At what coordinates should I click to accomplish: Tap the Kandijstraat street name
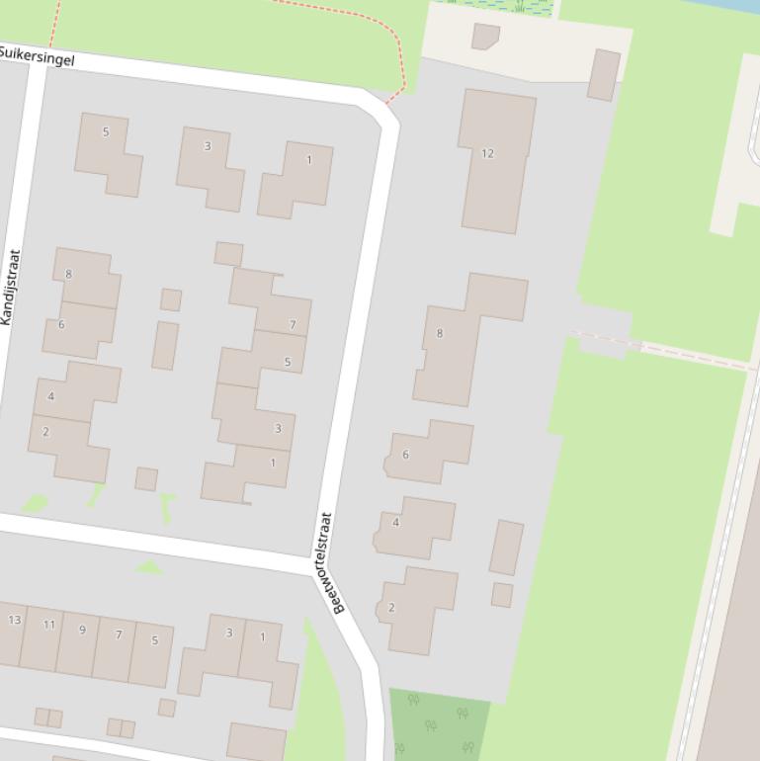click(11, 287)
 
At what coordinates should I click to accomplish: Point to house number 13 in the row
click(12, 632)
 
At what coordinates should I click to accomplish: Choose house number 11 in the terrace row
click(45, 637)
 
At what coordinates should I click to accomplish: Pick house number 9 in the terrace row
click(80, 642)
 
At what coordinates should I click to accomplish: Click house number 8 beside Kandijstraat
click(87, 277)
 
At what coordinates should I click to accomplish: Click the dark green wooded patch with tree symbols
click(435, 726)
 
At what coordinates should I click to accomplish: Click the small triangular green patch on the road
click(149, 567)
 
